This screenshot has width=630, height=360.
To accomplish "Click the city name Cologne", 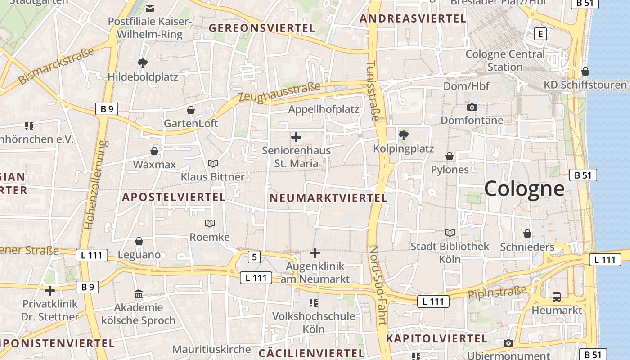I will (x=524, y=189).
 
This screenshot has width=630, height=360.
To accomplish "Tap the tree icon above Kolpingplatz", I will (x=404, y=135).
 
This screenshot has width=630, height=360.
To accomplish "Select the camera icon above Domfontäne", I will (x=472, y=107).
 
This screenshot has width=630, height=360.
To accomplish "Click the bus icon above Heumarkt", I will (x=557, y=297).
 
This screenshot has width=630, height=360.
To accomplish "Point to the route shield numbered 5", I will (x=254, y=257).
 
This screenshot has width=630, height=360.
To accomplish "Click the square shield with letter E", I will (x=540, y=34).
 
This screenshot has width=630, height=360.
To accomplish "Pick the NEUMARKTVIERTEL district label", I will (x=328, y=198).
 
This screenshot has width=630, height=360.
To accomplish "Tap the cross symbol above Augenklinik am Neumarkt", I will (x=315, y=253).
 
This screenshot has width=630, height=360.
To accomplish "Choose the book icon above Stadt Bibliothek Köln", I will (x=450, y=233).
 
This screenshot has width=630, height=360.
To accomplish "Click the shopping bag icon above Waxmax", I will (x=154, y=151).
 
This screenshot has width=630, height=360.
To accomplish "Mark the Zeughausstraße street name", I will (x=279, y=92).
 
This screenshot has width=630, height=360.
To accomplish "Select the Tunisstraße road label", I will (x=373, y=90).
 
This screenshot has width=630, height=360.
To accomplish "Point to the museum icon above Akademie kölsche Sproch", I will (x=139, y=295).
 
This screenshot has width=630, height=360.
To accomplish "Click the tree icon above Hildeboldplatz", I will (x=143, y=63).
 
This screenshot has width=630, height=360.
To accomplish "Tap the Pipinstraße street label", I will (x=497, y=292).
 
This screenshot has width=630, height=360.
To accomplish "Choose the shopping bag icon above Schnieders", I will (x=527, y=234).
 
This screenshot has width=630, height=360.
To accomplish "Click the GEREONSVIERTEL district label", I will (x=262, y=28).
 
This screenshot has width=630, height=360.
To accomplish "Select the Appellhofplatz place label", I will (x=324, y=109).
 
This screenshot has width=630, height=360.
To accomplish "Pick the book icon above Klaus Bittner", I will (x=212, y=163).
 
